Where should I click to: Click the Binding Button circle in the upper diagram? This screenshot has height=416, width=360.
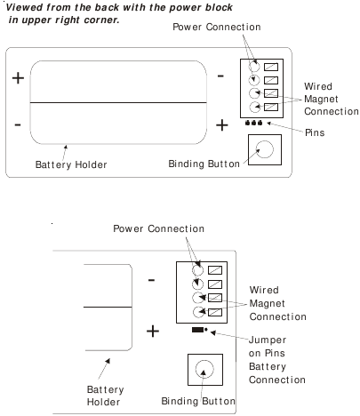265,141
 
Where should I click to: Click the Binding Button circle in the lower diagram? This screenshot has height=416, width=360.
204,361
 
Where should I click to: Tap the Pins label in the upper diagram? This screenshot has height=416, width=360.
315,132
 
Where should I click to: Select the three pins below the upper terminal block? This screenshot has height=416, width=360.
253,123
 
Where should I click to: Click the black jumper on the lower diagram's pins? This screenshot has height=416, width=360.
197,330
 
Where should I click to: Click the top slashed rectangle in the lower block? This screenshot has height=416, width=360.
215,270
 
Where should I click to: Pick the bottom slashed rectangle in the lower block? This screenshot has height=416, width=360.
215,312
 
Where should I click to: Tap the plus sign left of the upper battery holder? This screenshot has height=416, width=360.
18,78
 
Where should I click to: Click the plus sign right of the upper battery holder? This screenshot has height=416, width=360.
222,124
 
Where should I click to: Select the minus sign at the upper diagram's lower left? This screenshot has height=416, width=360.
18,124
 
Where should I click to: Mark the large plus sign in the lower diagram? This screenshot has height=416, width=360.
153,331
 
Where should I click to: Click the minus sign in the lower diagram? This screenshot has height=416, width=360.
151,280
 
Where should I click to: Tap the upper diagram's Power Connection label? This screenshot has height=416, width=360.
217,27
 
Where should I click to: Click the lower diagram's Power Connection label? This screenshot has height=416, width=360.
158,228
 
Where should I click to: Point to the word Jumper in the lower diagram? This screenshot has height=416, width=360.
268,340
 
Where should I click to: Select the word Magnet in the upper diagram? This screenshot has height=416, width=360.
321,99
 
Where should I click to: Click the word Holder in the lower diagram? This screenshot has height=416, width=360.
103,402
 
